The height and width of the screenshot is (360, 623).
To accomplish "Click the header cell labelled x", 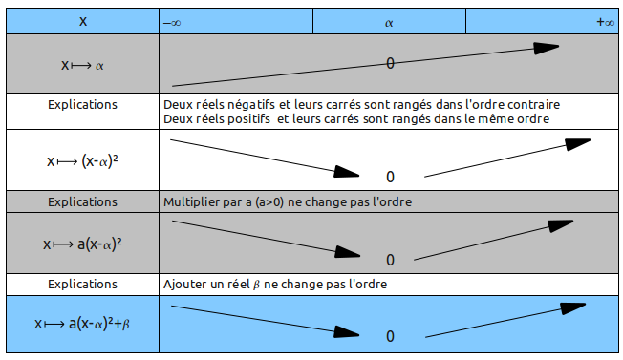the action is [x=82, y=20].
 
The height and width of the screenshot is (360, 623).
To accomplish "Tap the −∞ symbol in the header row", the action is [x=172, y=21].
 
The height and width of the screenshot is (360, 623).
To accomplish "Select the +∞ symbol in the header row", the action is [x=604, y=21].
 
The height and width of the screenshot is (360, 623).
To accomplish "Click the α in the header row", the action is [x=389, y=21].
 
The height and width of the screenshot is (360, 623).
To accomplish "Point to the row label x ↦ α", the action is [x=82, y=65].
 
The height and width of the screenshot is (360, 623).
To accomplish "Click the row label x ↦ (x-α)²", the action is [x=82, y=161].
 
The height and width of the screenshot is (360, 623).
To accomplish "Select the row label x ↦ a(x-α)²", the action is [x=82, y=244].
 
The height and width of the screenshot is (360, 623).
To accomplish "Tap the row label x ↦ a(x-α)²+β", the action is [x=82, y=324].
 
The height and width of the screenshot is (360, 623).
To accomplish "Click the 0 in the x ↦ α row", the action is [x=390, y=63].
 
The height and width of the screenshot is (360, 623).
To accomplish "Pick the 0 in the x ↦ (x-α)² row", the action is [x=390, y=177].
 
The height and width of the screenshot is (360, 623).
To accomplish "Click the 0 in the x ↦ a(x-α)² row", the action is [x=390, y=259].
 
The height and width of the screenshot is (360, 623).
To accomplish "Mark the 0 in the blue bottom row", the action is [x=390, y=336].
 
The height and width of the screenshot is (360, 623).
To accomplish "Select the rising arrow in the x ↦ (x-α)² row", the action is [x=506, y=159].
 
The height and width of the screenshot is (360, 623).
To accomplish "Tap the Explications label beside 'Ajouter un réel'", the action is [x=82, y=284].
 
